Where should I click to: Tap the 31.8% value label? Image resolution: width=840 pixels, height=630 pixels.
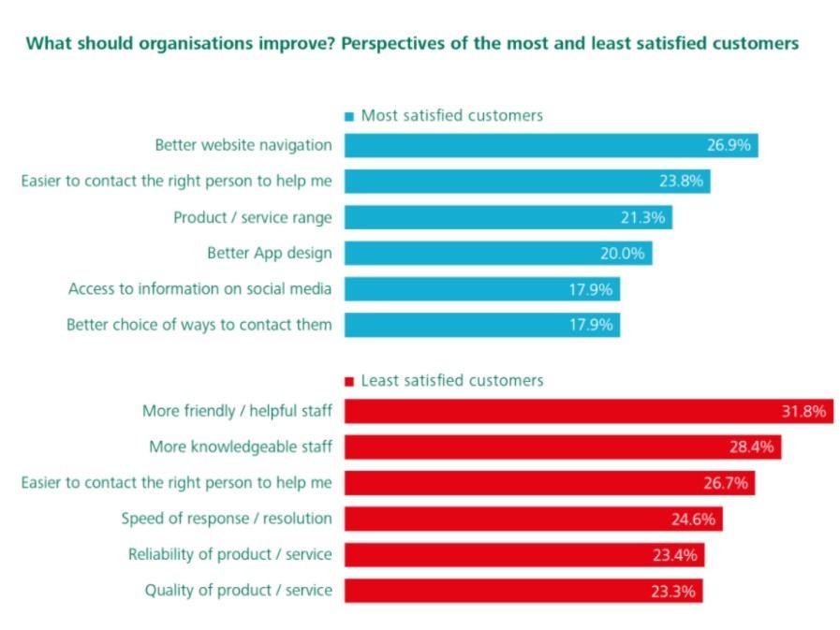[803, 411]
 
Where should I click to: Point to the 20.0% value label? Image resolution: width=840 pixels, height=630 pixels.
[622, 254]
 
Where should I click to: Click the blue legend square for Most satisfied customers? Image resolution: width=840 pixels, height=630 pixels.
[349, 117]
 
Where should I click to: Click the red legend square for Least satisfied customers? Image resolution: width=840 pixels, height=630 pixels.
[349, 382]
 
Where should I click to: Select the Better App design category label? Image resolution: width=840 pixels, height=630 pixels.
[270, 253]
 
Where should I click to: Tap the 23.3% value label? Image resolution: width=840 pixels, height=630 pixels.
[672, 592]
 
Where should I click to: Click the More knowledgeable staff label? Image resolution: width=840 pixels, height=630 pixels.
[241, 447]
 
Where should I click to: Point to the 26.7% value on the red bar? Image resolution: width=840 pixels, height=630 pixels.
[725, 483]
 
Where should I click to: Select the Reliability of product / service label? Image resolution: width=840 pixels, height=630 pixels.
[230, 554]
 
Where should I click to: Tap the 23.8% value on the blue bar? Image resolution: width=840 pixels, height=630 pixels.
[680, 182]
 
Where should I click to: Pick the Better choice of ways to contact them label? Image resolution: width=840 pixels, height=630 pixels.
[199, 325]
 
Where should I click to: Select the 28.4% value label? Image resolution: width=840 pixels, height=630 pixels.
[752, 447]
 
